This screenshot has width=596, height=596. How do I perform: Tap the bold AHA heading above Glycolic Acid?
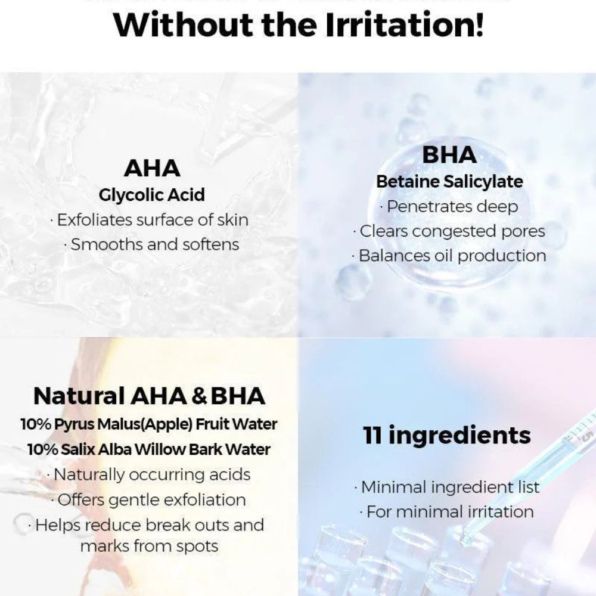point(152,169)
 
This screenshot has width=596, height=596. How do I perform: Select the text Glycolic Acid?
point(152,195)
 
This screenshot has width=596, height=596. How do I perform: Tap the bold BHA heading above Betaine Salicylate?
point(449,155)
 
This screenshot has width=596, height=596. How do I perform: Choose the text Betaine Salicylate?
point(449,182)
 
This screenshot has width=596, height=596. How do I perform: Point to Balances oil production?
point(452,256)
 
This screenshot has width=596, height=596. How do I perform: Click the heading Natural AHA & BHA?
point(149,396)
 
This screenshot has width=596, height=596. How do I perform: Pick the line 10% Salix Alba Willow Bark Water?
point(149,449)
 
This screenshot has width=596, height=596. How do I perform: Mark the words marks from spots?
point(149,546)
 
